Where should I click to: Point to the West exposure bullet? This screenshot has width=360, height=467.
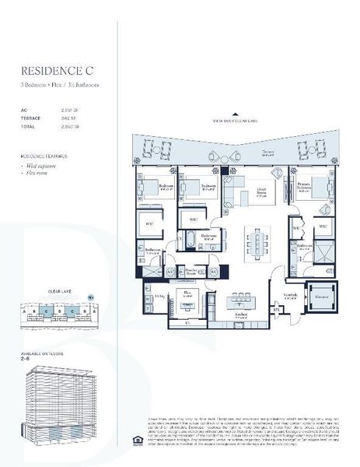45,167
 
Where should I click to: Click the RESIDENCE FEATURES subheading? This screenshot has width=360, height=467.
46,156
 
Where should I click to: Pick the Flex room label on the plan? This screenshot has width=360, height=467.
187,293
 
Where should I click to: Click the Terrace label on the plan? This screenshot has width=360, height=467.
268,153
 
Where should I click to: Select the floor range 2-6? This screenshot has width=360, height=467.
29,360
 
